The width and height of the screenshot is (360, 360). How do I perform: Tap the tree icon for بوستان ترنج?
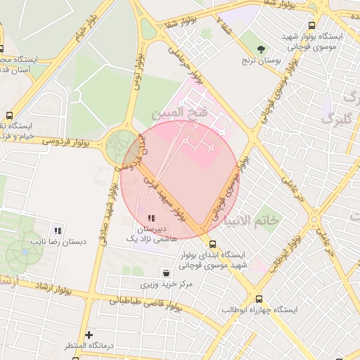(x=262, y=49)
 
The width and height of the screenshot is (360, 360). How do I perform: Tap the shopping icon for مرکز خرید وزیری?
(x=165, y=273)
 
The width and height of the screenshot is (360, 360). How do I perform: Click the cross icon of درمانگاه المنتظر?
(x=89, y=335)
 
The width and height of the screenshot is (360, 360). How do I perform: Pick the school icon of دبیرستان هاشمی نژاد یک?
(x=150, y=217)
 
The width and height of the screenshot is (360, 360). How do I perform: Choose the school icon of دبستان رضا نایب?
(x=58, y=230)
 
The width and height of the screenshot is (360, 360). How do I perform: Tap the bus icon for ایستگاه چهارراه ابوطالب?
(x=259, y=299)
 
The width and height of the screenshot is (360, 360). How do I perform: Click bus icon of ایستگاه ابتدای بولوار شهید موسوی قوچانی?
(x=213, y=244)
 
